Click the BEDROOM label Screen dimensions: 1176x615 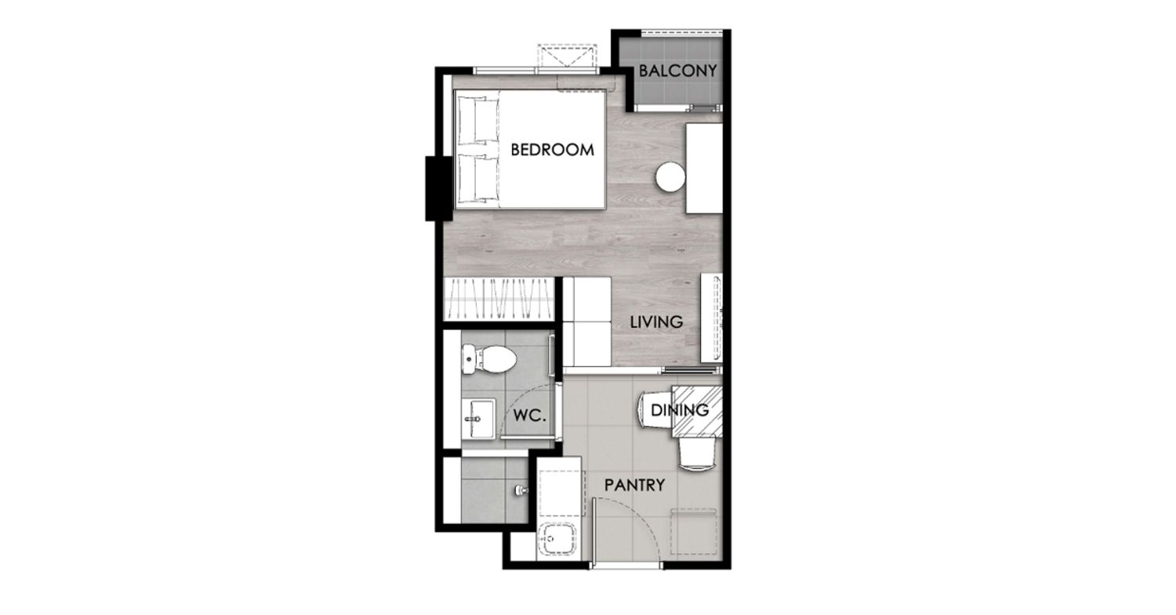pyautogui.click(x=552, y=150)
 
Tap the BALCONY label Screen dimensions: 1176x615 pyautogui.click(x=678, y=71)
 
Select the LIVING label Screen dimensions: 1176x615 pyautogui.click(x=656, y=322)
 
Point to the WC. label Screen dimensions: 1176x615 pyautogui.click(x=530, y=416)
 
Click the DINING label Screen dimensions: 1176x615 pyautogui.click(x=680, y=409)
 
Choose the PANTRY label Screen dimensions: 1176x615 pyautogui.click(x=634, y=485)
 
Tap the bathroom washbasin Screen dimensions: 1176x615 pyautogui.click(x=478, y=418)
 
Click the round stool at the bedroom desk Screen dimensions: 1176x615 pyautogui.click(x=670, y=177)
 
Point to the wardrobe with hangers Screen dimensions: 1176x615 pyautogui.click(x=499, y=299)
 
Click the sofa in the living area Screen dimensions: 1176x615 pyautogui.click(x=587, y=322)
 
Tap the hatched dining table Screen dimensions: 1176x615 pyautogui.click(x=697, y=411)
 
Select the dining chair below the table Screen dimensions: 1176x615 pyautogui.click(x=696, y=454)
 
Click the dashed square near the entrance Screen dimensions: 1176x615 pyautogui.click(x=694, y=531)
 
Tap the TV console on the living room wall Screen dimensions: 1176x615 pyautogui.click(x=711, y=318)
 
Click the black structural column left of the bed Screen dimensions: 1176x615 pyautogui.click(x=439, y=188)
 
